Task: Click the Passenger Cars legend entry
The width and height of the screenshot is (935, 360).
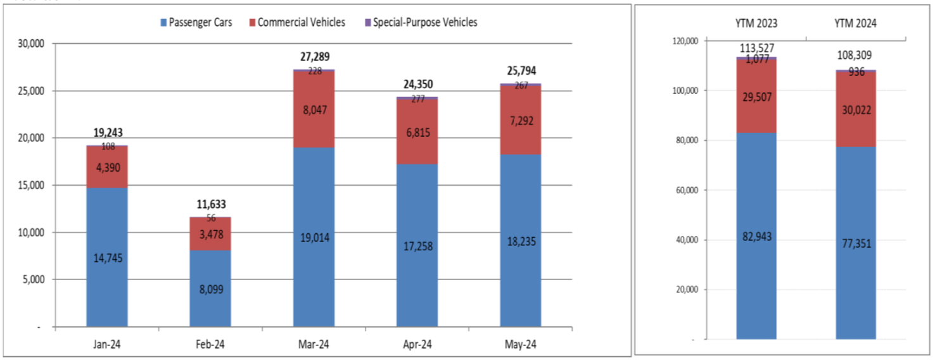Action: [x=196, y=23]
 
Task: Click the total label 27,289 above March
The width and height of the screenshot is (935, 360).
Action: [x=314, y=57]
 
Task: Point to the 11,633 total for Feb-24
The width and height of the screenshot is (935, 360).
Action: [x=211, y=205]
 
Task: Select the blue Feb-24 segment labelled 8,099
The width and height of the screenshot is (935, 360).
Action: [x=211, y=288]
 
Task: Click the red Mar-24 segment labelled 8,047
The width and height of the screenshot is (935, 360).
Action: [x=314, y=109]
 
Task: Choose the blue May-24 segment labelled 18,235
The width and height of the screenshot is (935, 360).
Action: [x=521, y=241]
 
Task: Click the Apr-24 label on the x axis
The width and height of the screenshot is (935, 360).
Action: [x=417, y=345]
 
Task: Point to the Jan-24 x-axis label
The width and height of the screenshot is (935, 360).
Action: [x=107, y=345]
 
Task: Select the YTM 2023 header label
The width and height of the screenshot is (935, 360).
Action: [x=756, y=23]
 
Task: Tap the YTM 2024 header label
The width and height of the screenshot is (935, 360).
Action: [x=856, y=23]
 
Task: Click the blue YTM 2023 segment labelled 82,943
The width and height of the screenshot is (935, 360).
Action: [x=756, y=236]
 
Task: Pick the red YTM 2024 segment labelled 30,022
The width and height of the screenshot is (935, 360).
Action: [x=856, y=109]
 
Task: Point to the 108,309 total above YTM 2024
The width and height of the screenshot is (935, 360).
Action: [x=856, y=56]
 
